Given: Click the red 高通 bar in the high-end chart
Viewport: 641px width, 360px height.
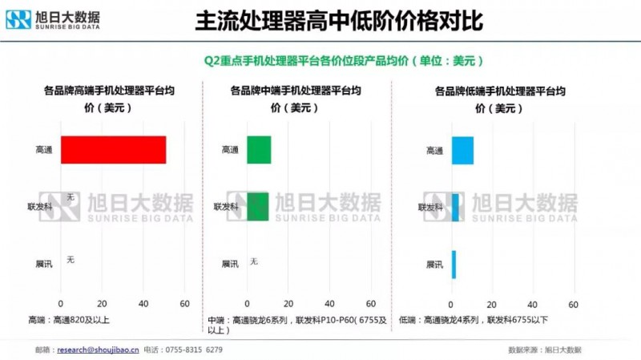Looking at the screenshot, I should [x=113, y=150].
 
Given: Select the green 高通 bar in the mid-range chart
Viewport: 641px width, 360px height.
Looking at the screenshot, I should [x=259, y=150].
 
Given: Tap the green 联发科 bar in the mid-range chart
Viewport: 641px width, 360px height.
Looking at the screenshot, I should [x=257, y=206].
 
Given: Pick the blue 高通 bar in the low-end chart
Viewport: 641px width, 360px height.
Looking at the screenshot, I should [x=462, y=150].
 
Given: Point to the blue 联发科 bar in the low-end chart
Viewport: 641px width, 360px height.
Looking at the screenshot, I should [x=455, y=207].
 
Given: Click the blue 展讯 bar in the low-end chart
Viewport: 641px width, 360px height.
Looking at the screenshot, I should [x=454, y=264].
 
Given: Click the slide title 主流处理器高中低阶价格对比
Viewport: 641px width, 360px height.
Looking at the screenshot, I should [x=338, y=22].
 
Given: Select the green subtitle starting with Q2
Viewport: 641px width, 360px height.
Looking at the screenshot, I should [x=344, y=60].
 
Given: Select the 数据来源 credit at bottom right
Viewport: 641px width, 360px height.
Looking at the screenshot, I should [x=545, y=350].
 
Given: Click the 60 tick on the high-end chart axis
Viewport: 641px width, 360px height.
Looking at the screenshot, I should [x=184, y=304].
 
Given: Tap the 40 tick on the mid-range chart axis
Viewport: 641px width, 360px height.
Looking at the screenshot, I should [x=329, y=304].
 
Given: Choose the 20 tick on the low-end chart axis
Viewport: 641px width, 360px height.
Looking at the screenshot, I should [x=492, y=304].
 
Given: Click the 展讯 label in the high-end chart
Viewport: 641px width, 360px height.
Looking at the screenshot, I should [x=44, y=264].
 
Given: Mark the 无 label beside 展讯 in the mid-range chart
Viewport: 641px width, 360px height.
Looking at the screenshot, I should [x=254, y=261].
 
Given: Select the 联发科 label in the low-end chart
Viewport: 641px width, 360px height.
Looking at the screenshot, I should [x=429, y=207].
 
